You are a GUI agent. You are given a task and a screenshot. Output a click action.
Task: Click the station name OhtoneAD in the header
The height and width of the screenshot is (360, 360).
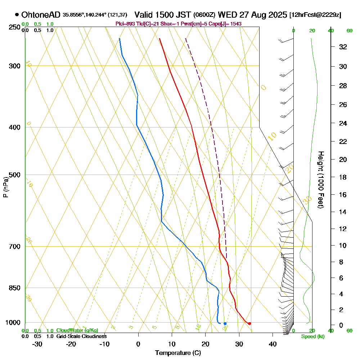(41, 15)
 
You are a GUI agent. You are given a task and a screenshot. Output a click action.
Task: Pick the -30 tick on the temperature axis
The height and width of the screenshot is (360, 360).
(37, 344)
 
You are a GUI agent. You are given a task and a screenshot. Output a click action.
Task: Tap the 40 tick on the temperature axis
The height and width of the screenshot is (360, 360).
(273, 344)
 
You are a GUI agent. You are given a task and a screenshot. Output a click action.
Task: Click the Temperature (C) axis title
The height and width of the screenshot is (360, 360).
(178, 353)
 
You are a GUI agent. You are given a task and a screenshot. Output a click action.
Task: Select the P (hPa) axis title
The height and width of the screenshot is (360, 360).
(5, 187)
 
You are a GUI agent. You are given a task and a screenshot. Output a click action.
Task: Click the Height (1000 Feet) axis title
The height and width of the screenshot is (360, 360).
(321, 180)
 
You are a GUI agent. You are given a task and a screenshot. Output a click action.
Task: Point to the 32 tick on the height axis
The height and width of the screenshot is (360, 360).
(343, 47)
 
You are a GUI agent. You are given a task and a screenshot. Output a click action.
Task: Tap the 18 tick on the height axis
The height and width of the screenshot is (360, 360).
(343, 177)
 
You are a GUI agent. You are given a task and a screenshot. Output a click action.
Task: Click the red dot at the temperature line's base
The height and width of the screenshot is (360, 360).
(249, 323)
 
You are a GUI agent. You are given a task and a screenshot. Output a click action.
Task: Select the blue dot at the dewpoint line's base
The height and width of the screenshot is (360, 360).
(225, 323)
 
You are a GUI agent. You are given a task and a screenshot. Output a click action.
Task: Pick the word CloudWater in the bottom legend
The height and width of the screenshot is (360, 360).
(67, 330)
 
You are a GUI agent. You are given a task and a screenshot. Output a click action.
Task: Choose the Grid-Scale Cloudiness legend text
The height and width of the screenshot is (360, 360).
(81, 336)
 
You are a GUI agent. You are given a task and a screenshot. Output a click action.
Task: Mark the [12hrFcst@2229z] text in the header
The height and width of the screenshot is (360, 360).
(315, 15)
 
